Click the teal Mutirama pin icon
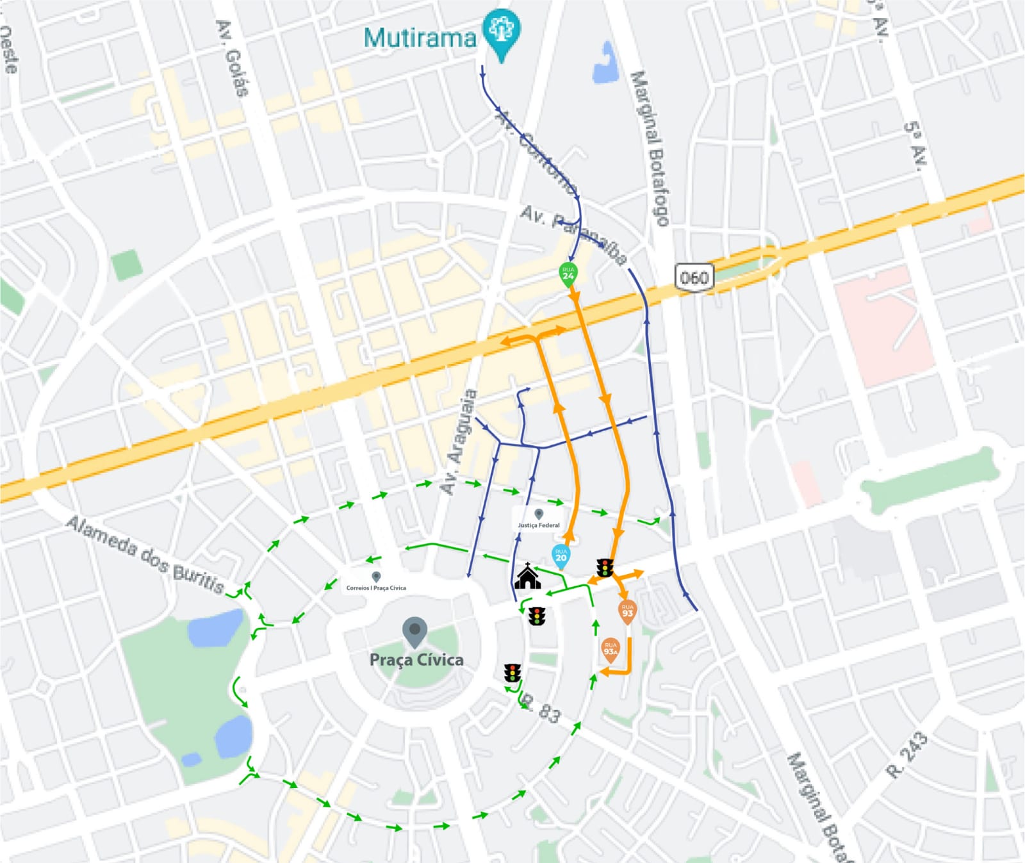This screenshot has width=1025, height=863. tap(502, 30)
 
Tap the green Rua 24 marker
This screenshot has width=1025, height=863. tap(568, 274)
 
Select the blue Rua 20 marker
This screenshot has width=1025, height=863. tap(561, 555)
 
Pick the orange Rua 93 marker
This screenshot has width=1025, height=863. tap(627, 611)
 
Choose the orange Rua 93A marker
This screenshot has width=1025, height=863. tap(611, 650)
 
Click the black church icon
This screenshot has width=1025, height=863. tap(527, 577)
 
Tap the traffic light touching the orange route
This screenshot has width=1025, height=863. tap(605, 568)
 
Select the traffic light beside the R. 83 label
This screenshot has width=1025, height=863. tap(512, 673)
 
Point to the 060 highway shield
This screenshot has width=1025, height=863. tap(694, 277)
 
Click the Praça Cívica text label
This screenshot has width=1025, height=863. tap(416, 660)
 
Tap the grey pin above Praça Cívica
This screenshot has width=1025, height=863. tap(414, 630)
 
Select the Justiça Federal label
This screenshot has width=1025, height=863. tap(539, 525)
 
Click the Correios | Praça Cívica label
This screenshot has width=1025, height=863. tap(376, 588)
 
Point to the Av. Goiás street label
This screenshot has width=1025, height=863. tap(232, 58)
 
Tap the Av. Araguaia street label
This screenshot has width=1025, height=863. tap(459, 442)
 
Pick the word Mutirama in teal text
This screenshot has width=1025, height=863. tap(420, 38)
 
